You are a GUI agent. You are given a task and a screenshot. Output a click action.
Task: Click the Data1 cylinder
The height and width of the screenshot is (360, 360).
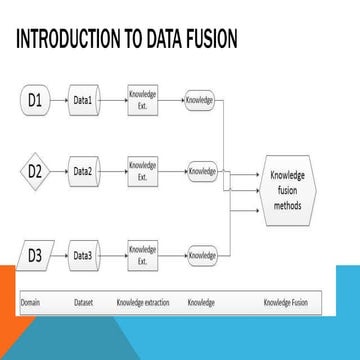coord(84,100)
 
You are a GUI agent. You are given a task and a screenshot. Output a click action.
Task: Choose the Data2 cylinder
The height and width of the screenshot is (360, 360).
coord(84,171)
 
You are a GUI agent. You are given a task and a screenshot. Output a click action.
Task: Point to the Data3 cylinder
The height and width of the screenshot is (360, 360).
coord(84,256)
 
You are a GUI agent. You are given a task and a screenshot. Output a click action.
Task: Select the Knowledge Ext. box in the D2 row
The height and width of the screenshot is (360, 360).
coord(143,171)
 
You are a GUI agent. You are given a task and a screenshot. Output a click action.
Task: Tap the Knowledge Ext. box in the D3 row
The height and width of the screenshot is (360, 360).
coord(143,256)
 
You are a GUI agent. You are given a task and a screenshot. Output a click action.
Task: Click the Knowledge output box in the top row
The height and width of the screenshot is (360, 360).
coord(201,100)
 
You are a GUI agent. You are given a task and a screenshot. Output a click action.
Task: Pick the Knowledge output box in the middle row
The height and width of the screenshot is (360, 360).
coord(202,171)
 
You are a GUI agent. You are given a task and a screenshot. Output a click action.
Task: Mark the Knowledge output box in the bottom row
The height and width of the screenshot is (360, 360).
coord(202,256)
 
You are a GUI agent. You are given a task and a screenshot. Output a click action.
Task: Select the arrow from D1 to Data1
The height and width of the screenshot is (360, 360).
coord(61,100)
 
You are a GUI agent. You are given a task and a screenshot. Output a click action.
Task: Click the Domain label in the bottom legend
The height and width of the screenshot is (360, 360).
coord(33,301)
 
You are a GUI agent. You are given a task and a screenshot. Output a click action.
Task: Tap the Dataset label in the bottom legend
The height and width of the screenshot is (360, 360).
coord(84,301)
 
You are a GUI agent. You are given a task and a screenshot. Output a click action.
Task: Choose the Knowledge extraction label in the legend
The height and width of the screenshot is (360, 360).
coord(144,301)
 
